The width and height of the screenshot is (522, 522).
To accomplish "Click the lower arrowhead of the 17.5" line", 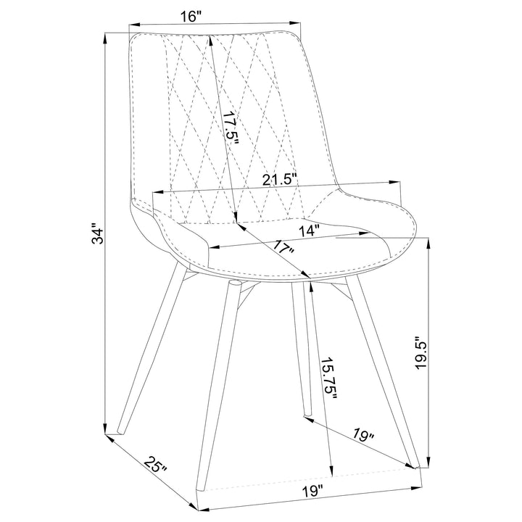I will [236, 218].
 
